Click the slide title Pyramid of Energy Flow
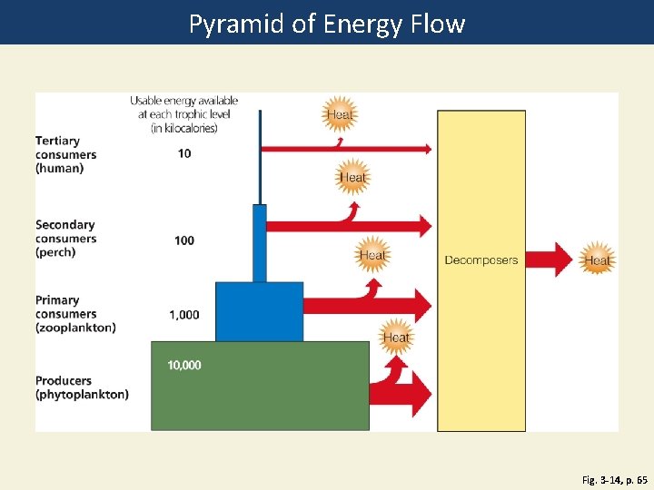click(326, 23)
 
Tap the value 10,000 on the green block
click(184, 366)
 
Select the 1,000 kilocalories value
click(184, 315)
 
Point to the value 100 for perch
click(184, 240)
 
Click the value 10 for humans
click(184, 153)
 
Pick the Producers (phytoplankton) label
click(82, 387)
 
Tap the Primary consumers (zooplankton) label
click(75, 313)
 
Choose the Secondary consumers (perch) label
click(65, 239)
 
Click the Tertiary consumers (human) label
click(65, 154)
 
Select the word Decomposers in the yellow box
click(481, 260)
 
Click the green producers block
click(260, 399)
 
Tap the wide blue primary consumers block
click(259, 311)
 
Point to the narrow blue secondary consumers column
click(260, 243)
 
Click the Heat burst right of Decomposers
click(597, 260)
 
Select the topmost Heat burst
click(340, 114)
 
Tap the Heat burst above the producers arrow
click(396, 338)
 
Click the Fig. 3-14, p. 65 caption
click(614, 478)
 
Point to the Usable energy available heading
click(184, 113)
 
